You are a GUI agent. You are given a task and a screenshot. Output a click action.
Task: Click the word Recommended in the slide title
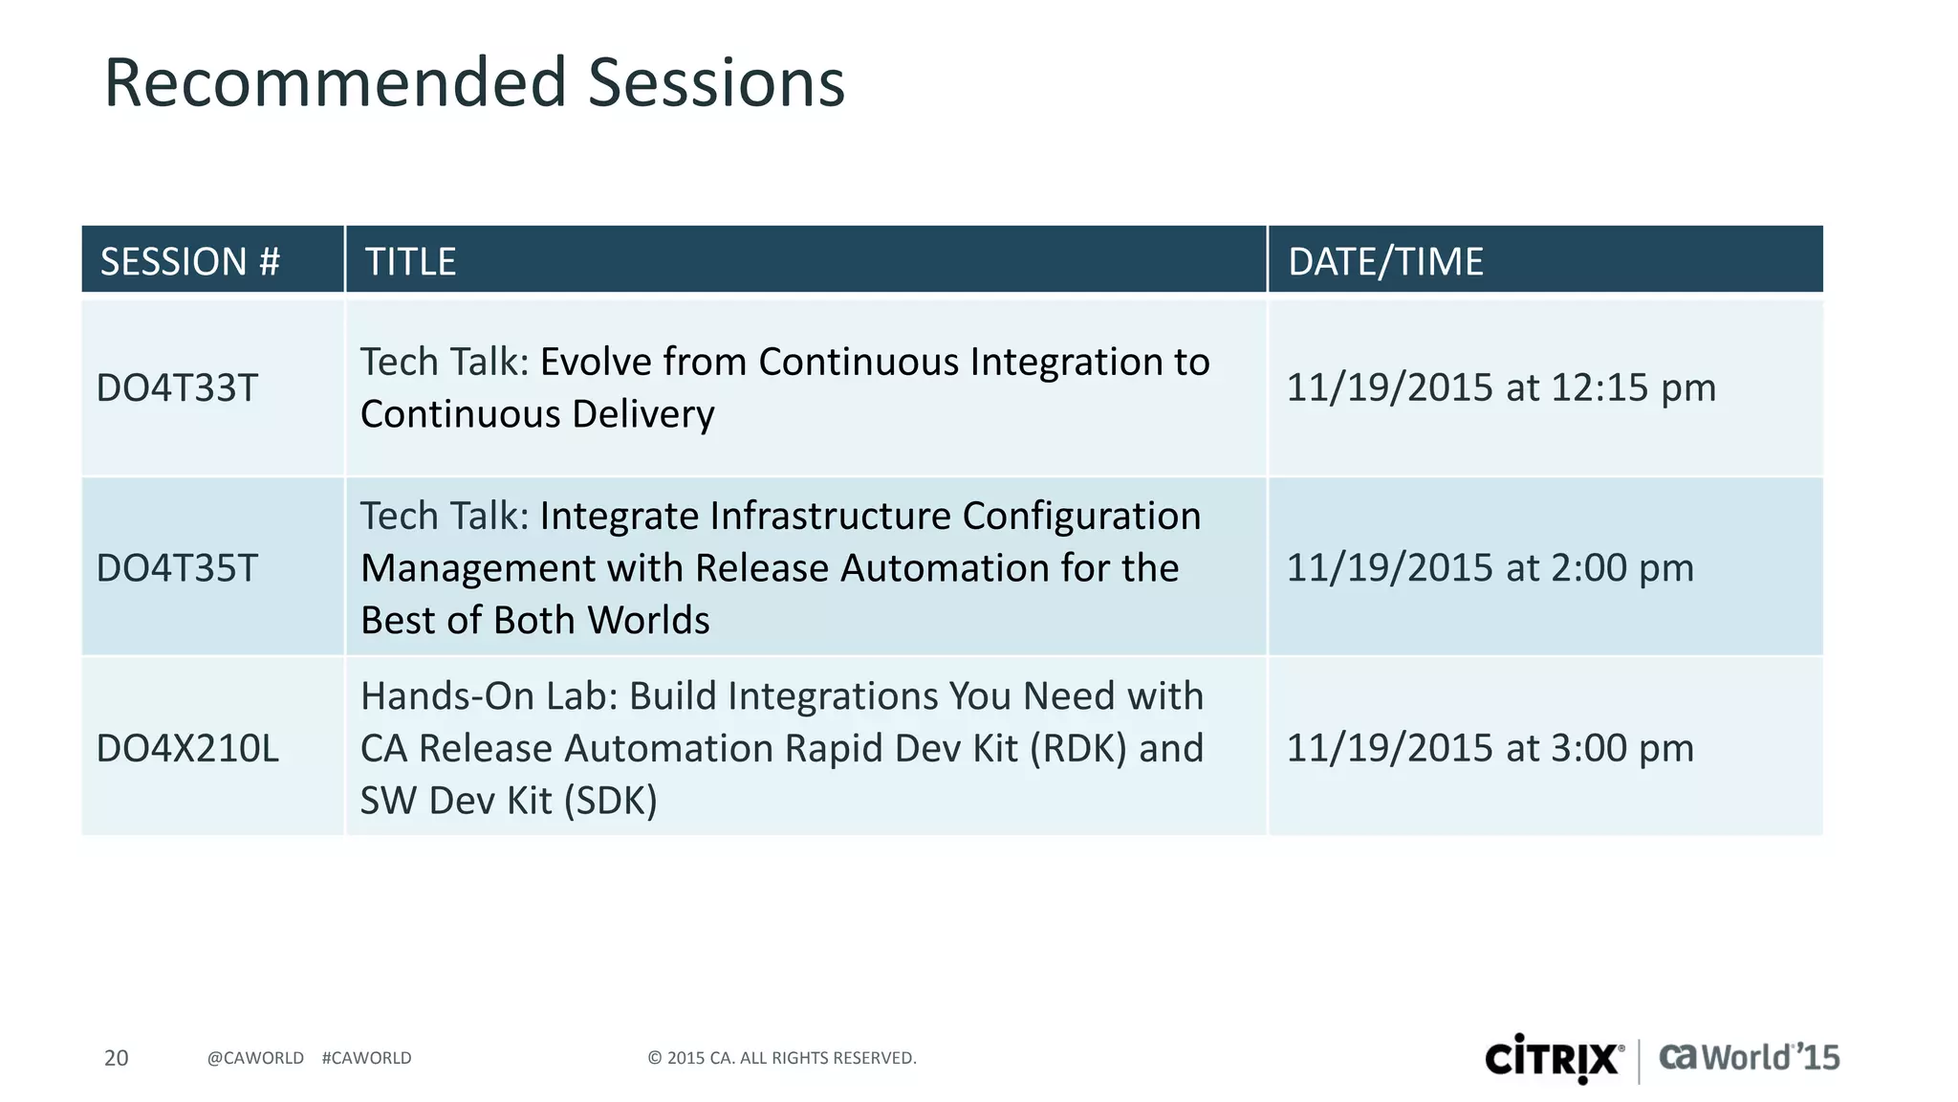(335, 83)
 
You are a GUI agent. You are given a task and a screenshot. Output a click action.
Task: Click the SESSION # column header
(190, 261)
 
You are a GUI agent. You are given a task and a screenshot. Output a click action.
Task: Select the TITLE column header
(411, 261)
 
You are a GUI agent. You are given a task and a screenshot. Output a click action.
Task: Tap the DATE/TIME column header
(1385, 261)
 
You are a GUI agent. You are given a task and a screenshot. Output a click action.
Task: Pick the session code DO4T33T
(178, 388)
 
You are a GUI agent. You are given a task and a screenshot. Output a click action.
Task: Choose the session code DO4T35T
(178, 568)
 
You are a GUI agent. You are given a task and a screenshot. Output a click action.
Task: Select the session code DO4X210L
(188, 748)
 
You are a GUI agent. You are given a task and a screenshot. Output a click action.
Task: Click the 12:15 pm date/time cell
(1501, 388)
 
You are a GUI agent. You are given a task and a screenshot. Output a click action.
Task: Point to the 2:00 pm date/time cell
(1490, 568)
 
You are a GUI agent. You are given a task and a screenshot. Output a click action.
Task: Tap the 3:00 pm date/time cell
(1490, 748)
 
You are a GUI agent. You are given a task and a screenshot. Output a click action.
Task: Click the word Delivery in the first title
(642, 414)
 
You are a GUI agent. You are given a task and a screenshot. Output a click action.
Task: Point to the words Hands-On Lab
(489, 696)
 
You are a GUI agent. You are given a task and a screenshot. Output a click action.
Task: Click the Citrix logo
(1554, 1058)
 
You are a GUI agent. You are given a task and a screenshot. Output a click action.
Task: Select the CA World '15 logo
(1749, 1057)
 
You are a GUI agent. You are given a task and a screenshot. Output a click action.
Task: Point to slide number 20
(116, 1058)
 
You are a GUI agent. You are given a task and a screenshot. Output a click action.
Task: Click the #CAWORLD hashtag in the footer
(366, 1058)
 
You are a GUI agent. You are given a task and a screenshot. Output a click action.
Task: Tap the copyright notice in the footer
(781, 1058)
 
